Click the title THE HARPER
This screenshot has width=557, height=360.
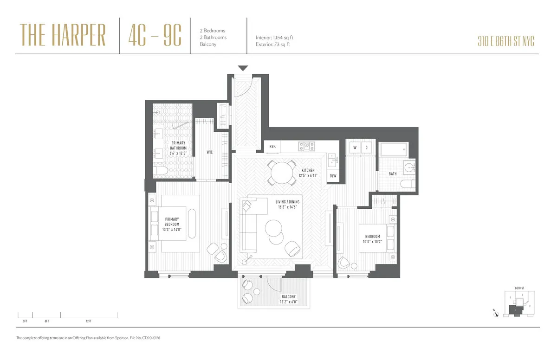pyautogui.click(x=63, y=35)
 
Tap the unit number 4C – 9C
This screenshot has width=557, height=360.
pyautogui.click(x=155, y=35)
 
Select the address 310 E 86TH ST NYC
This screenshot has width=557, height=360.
pyautogui.click(x=506, y=41)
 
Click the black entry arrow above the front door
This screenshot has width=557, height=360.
pyautogui.click(x=243, y=69)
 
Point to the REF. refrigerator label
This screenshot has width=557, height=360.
pyautogui.click(x=272, y=147)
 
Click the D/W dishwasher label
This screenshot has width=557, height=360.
pyautogui.click(x=333, y=176)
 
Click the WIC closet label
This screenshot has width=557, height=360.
pyautogui.click(x=210, y=152)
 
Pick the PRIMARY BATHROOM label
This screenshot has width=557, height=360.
pyautogui.click(x=179, y=146)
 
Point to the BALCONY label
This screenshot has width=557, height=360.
pyautogui.click(x=288, y=297)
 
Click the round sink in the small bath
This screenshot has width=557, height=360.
pyautogui.click(x=409, y=167)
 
